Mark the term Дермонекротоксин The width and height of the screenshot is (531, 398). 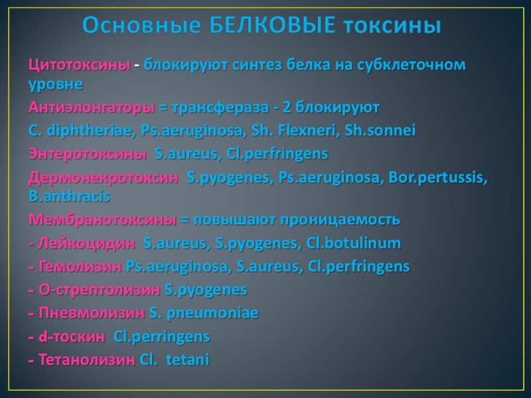click(103, 177)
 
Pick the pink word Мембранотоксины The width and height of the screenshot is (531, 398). click(102, 220)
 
